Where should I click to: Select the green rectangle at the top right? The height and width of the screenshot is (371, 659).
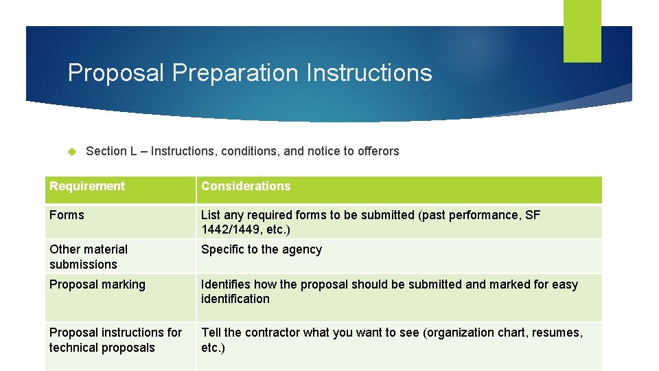coord(582,31)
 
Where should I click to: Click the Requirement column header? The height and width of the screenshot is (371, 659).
coord(87,186)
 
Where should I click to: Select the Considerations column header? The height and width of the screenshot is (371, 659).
coord(246,186)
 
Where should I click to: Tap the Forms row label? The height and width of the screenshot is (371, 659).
coord(67,215)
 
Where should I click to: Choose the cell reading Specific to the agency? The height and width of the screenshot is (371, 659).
coord(262,249)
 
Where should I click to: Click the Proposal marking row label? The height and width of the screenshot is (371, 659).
coord(97,284)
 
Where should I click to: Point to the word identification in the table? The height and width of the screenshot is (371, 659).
coord(235,299)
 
